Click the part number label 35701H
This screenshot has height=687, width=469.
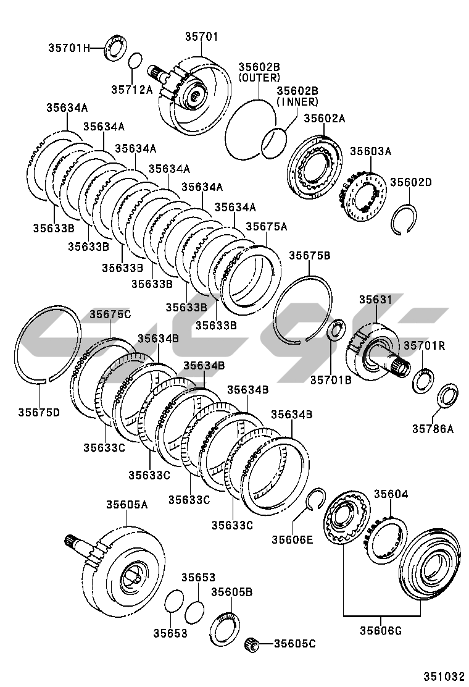[68, 48]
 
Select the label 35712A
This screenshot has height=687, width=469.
[131, 90]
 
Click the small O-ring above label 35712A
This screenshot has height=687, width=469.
[136, 60]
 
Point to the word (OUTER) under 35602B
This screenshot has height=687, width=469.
[259, 78]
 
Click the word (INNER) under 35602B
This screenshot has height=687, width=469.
[297, 102]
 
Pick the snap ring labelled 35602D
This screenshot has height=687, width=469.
[404, 219]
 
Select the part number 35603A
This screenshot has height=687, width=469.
[370, 151]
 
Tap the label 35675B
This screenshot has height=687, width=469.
[309, 255]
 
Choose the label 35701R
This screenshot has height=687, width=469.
[424, 346]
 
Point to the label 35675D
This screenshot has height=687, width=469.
[39, 412]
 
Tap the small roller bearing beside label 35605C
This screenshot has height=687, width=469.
[252, 644]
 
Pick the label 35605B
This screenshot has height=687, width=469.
[232, 592]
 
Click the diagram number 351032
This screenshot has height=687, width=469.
[444, 676]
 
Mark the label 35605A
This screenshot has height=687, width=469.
[127, 505]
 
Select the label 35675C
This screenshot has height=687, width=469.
[110, 314]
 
